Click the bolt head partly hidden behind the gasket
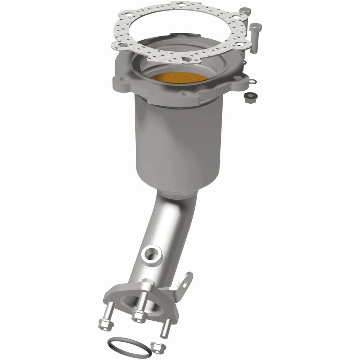tap(245, 11)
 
